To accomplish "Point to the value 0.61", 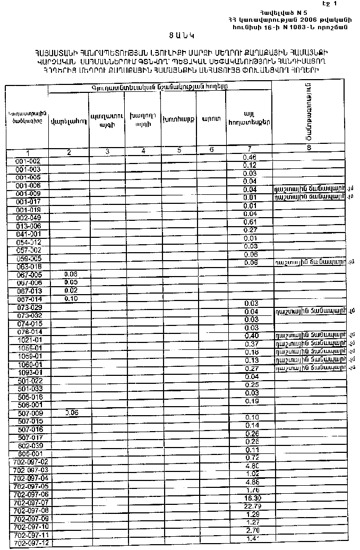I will tap(250, 222).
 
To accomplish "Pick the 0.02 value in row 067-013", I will tap(71, 290).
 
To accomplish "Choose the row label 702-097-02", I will tap(30, 462).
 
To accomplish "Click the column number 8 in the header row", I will tap(308, 149).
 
